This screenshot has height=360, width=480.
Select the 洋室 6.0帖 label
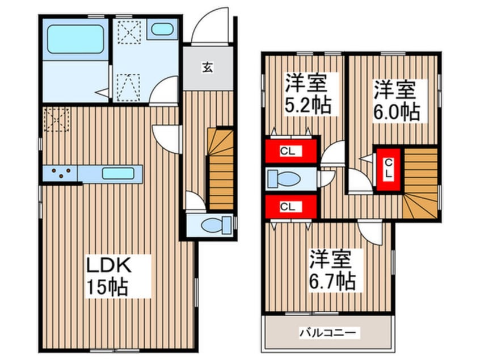395,101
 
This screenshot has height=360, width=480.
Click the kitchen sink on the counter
118,172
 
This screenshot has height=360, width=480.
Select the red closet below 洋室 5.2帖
291,150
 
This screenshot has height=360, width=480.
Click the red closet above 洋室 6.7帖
291,206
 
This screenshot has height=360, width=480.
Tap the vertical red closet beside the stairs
388,169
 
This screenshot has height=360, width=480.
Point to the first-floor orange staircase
221,169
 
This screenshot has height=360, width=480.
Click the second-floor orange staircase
421,184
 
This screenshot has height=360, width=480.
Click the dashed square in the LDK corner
56,119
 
